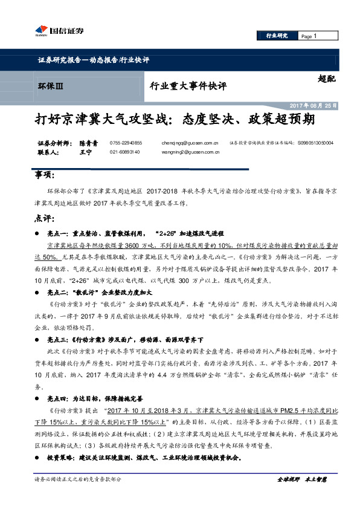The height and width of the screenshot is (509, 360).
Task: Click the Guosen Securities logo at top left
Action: tap(61, 31)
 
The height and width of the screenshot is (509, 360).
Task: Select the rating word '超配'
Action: tap(326, 78)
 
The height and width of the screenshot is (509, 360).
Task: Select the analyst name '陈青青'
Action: tap(88, 143)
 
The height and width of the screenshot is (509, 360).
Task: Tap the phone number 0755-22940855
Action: tap(126, 143)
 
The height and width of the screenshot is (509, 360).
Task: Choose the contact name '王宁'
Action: tap(85, 152)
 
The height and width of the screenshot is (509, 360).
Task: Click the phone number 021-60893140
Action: tap(124, 152)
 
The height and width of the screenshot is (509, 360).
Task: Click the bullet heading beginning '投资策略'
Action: tap(144, 458)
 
